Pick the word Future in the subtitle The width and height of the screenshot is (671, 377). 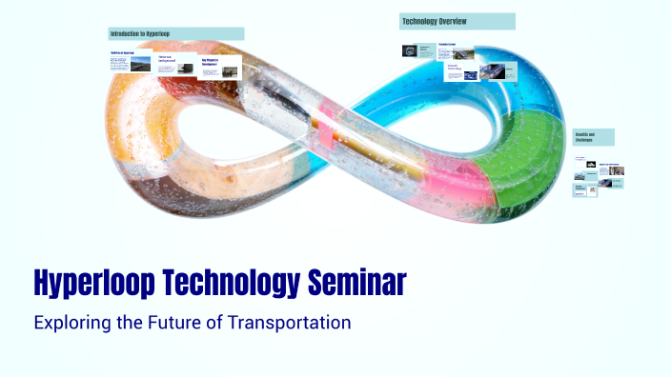pos(174,323)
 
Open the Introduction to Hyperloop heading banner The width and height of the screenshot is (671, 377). pos(176,33)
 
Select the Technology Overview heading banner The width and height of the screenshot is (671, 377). pos(457,21)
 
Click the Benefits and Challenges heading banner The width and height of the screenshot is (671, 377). pos(593,137)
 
